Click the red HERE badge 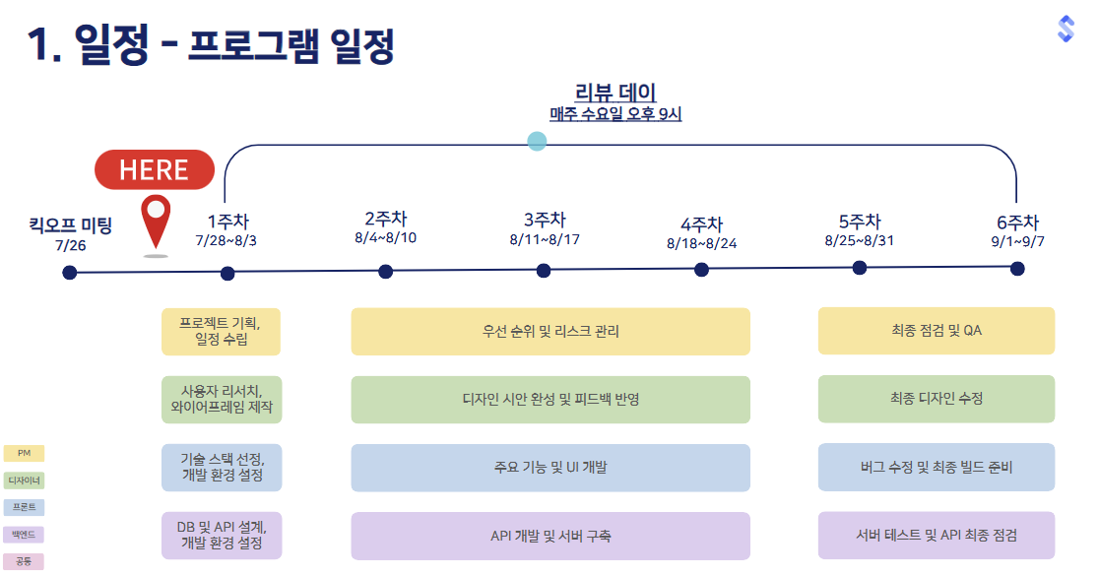click(x=154, y=169)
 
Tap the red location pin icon click(x=156, y=220)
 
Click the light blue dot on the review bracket click(x=537, y=141)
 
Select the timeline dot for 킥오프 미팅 click(x=69, y=273)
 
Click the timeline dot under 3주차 click(x=544, y=271)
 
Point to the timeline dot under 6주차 click(x=1016, y=268)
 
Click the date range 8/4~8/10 click(x=385, y=238)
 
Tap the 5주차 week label click(x=859, y=221)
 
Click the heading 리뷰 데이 click(x=615, y=94)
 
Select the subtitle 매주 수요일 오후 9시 click(x=615, y=114)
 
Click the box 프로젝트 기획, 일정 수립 click(x=221, y=332)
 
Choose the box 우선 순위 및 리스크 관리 click(x=550, y=332)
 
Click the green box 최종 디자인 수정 click(x=936, y=399)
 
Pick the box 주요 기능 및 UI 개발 click(x=550, y=468)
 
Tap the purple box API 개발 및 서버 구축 click(x=550, y=536)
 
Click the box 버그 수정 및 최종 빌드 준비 click(x=936, y=467)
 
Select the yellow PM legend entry click(x=24, y=453)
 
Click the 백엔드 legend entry click(x=24, y=535)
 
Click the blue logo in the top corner click(x=1066, y=29)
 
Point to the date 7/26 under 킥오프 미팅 click(x=71, y=245)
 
